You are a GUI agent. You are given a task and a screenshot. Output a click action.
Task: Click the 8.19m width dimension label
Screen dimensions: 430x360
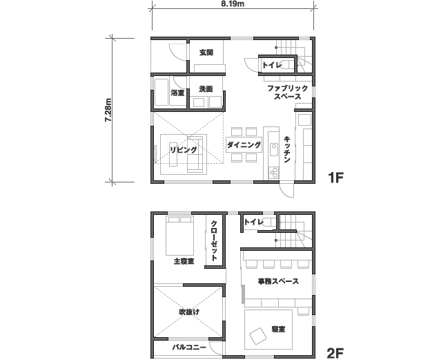(x=233, y=3)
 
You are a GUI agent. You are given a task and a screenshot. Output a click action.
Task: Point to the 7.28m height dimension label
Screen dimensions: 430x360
(x=108, y=110)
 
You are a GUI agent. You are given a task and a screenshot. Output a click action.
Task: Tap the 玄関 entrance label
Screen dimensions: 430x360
(x=206, y=53)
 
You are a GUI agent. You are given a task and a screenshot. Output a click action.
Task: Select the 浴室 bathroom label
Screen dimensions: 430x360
(x=177, y=93)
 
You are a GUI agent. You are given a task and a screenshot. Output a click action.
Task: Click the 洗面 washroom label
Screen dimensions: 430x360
(x=206, y=89)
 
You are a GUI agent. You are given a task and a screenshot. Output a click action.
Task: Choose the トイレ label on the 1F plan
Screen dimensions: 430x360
(x=272, y=66)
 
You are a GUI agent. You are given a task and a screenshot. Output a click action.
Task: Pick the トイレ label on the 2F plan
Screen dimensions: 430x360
(x=253, y=222)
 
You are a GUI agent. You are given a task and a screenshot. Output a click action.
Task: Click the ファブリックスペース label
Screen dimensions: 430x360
(x=287, y=93)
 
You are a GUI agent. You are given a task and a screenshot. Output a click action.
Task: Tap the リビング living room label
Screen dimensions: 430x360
(x=184, y=150)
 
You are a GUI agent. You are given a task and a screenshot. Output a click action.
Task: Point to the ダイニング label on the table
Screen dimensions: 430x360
(x=244, y=144)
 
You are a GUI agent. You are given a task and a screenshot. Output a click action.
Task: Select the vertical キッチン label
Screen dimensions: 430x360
(x=287, y=150)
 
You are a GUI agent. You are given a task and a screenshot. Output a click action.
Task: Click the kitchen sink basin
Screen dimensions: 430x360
(x=273, y=150)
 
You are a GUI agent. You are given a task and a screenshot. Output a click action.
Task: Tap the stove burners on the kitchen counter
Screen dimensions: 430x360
(x=273, y=173)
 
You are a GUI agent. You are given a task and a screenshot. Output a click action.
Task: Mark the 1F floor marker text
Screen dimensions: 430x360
(x=335, y=178)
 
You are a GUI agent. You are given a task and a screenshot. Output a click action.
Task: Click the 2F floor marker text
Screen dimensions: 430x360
(x=335, y=352)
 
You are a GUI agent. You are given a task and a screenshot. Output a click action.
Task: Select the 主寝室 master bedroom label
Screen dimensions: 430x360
(x=184, y=261)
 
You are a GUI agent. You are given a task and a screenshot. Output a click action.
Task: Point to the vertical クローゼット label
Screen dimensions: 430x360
(x=214, y=240)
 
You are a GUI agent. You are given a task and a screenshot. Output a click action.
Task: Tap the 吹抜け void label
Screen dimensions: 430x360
(x=189, y=312)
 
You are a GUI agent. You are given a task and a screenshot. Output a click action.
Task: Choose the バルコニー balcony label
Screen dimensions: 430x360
(x=189, y=348)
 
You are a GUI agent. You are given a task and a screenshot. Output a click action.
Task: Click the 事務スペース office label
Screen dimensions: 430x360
(x=278, y=281)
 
